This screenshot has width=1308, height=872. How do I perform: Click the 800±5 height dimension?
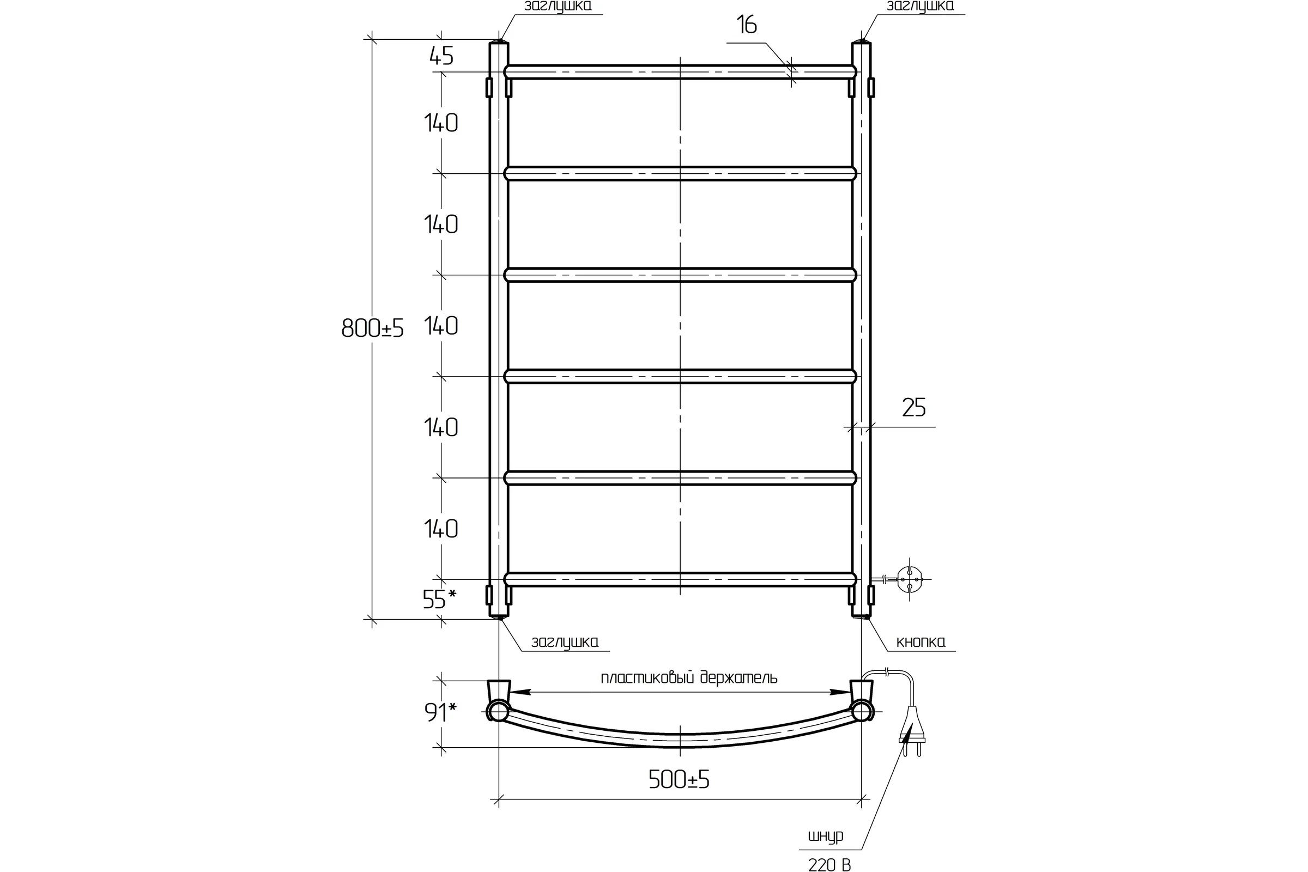[372, 329]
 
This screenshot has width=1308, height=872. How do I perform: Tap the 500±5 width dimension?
[679, 780]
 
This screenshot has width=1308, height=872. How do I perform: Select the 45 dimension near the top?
[441, 56]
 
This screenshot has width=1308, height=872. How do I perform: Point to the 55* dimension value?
[439, 599]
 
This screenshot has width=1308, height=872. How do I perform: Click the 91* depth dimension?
[440, 712]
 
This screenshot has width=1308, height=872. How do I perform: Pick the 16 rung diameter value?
[746, 25]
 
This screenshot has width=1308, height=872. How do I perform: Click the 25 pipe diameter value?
[914, 408]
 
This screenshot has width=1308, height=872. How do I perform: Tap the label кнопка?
[921, 643]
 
